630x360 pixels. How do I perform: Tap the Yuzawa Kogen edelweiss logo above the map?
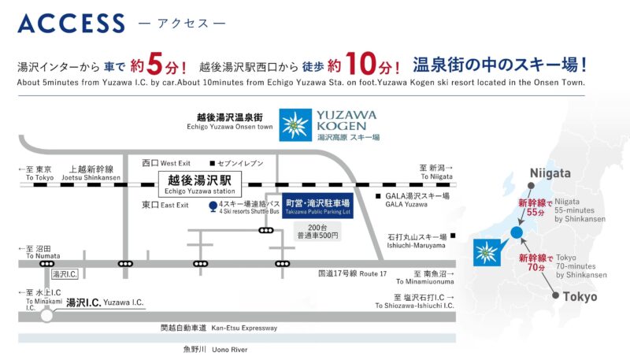coord(296,124)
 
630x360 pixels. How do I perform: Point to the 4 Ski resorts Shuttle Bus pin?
coord(213,206)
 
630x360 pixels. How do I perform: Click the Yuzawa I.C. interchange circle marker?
coord(46,315)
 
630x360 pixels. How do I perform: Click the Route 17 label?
coord(352,273)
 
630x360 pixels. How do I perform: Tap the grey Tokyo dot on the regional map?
coord(555,297)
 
